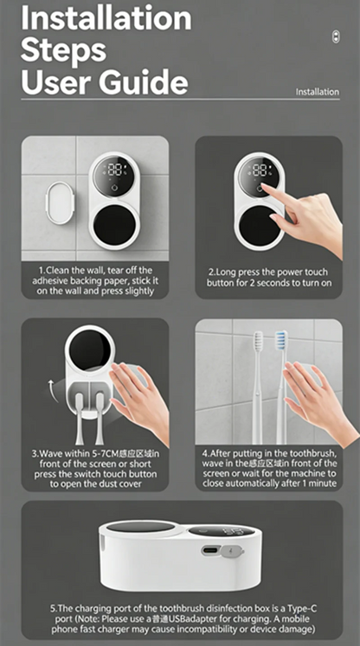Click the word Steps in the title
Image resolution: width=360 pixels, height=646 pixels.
click(63, 50)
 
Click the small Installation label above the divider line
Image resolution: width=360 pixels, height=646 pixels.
click(317, 92)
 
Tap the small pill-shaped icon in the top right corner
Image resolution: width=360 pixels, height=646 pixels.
click(336, 37)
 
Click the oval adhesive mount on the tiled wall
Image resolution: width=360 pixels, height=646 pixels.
click(60, 203)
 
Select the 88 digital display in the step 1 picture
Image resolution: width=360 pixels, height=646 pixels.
click(116, 169)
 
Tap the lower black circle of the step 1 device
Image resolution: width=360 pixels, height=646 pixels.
click(114, 225)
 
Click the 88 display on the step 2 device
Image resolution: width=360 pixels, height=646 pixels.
click(260, 169)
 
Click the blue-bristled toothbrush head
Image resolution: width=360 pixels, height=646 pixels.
click(281, 341)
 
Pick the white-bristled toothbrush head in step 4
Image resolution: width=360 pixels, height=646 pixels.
click(258, 342)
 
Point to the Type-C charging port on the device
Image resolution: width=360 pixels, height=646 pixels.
click(210, 550)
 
